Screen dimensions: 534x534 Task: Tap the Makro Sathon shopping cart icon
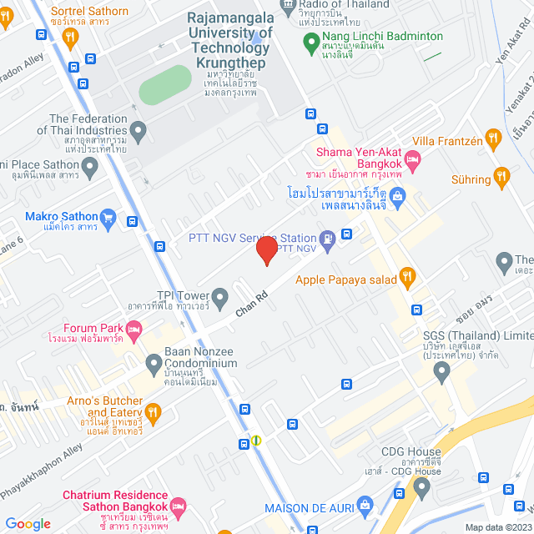click(x=108, y=219)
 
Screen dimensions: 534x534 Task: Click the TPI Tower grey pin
click(x=220, y=296)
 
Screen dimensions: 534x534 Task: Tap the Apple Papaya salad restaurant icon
click(x=407, y=275)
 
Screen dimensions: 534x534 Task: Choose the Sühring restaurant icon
click(x=501, y=176)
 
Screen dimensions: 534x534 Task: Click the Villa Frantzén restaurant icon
click(x=494, y=139)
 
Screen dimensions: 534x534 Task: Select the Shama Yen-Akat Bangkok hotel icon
click(x=411, y=159)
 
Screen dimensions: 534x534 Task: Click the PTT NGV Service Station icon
click(x=329, y=239)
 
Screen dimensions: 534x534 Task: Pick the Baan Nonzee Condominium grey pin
click(x=154, y=363)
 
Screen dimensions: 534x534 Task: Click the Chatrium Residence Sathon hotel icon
click(x=178, y=506)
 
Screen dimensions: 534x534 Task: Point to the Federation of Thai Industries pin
click(x=139, y=130)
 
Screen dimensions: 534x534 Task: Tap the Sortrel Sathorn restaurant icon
click(x=70, y=36)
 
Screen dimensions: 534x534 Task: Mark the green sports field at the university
click(x=164, y=85)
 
